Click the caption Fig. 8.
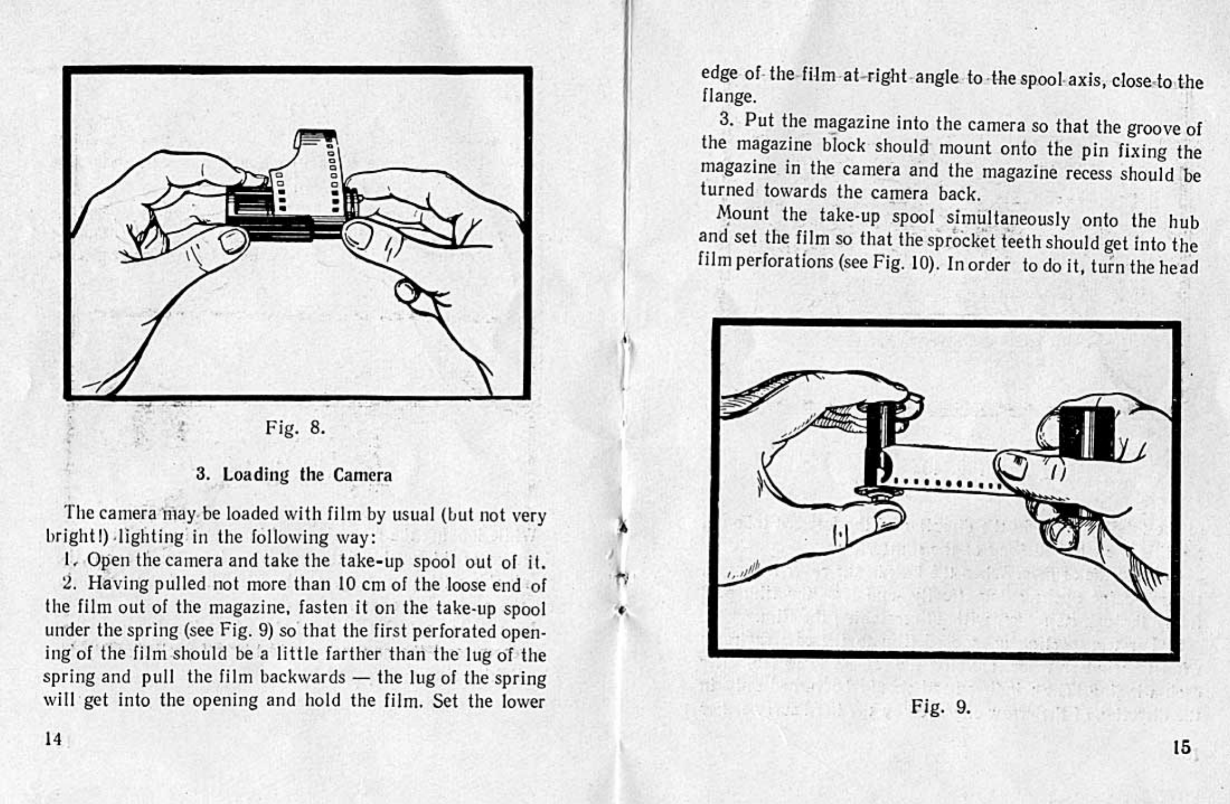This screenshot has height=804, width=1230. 295,428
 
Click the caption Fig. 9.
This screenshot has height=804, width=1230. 940,707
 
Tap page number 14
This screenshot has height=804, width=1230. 53,739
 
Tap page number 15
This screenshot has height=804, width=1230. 1182,748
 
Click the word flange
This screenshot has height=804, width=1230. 728,97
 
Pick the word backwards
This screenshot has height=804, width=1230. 302,677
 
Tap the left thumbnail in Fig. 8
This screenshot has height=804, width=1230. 233,241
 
